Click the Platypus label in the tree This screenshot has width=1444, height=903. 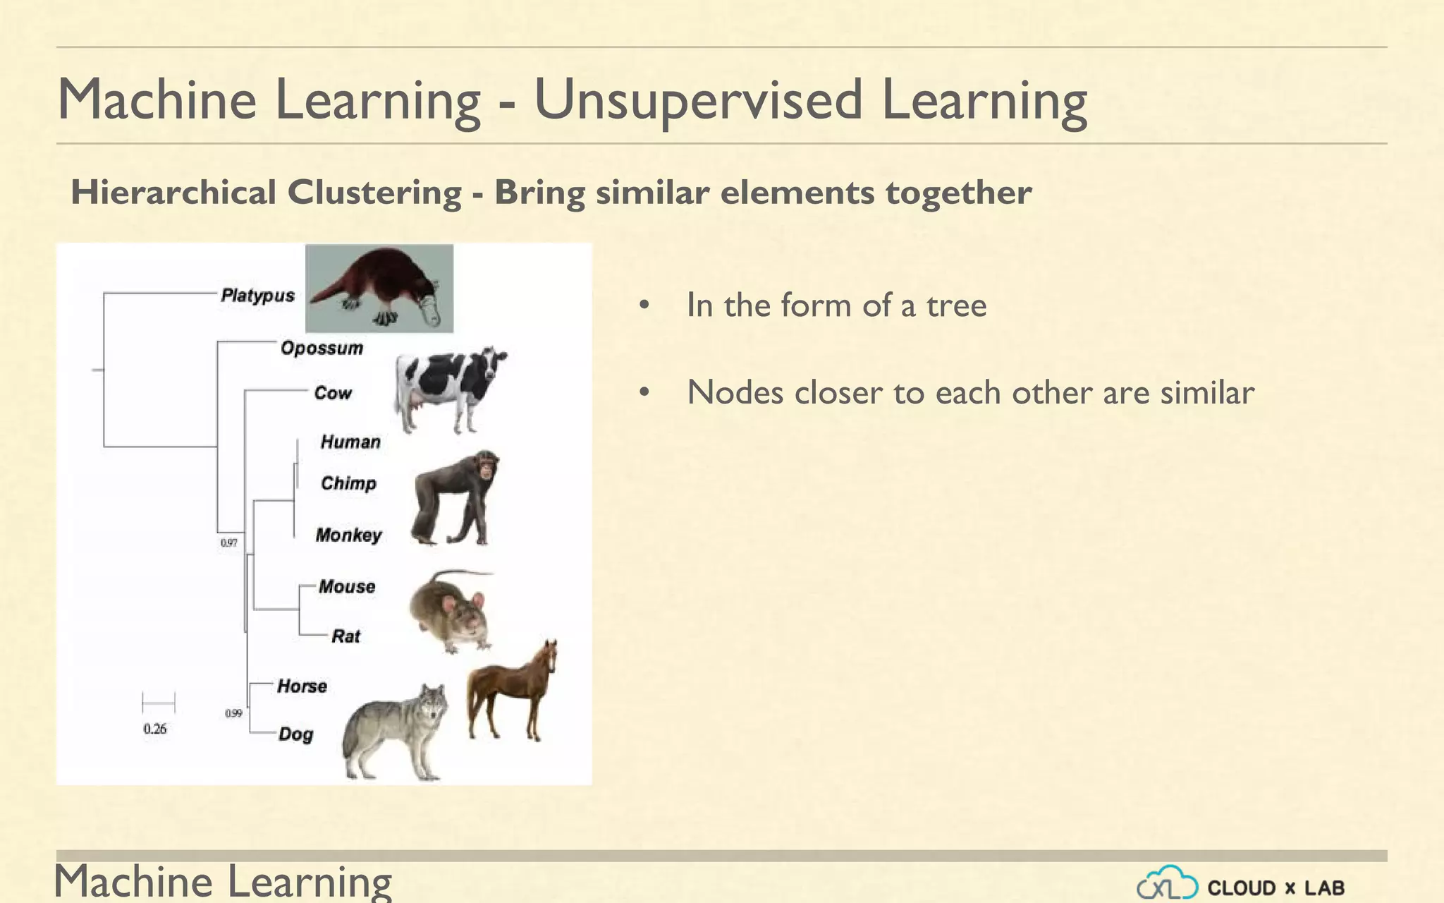257,296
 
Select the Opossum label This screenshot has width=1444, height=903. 322,348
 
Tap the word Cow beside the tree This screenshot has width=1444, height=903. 332,393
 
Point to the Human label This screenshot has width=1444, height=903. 350,442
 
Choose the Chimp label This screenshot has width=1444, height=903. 348,483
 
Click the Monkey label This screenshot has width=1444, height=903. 348,535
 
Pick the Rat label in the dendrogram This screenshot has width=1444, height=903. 345,636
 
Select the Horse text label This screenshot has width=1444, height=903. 302,686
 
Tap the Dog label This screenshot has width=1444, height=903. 295,734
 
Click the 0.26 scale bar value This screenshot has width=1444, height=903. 155,729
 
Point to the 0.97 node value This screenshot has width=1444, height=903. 229,543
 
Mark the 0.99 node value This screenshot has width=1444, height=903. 233,713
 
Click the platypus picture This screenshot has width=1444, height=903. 379,289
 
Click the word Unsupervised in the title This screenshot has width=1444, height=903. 698,100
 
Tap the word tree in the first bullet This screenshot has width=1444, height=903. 956,305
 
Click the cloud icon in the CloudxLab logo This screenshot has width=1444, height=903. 1167,883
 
